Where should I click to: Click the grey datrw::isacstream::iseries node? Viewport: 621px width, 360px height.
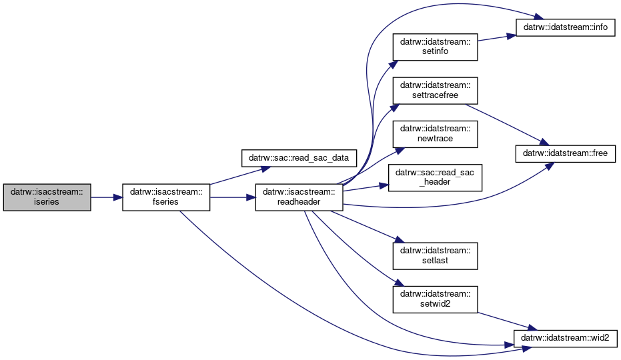coord(47,197)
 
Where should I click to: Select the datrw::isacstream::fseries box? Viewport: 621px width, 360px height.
coord(166,197)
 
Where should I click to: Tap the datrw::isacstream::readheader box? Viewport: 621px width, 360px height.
coord(299,197)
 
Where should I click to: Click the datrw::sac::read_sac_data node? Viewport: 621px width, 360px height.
coord(299,158)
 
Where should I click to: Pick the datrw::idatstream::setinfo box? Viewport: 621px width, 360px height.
coord(436,47)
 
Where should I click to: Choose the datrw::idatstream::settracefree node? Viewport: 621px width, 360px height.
coord(436,91)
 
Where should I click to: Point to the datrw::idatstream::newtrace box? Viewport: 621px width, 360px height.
coord(436,134)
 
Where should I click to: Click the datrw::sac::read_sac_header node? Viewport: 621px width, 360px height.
coord(436,178)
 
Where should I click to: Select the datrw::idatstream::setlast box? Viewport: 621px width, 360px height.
coord(436,256)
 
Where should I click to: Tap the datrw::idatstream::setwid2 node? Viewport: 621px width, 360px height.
coord(436,299)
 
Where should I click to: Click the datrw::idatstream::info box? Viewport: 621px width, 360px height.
coord(566,27)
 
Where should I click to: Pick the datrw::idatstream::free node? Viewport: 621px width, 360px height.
coord(566,153)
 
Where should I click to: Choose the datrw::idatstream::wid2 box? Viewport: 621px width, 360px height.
coord(566,338)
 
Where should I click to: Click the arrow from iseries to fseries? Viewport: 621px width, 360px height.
coord(107,197)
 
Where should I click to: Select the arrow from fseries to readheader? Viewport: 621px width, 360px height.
coord(233,197)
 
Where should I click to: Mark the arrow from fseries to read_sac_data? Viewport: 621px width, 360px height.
coord(240,175)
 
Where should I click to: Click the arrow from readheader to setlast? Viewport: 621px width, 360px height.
coord(368,227)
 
